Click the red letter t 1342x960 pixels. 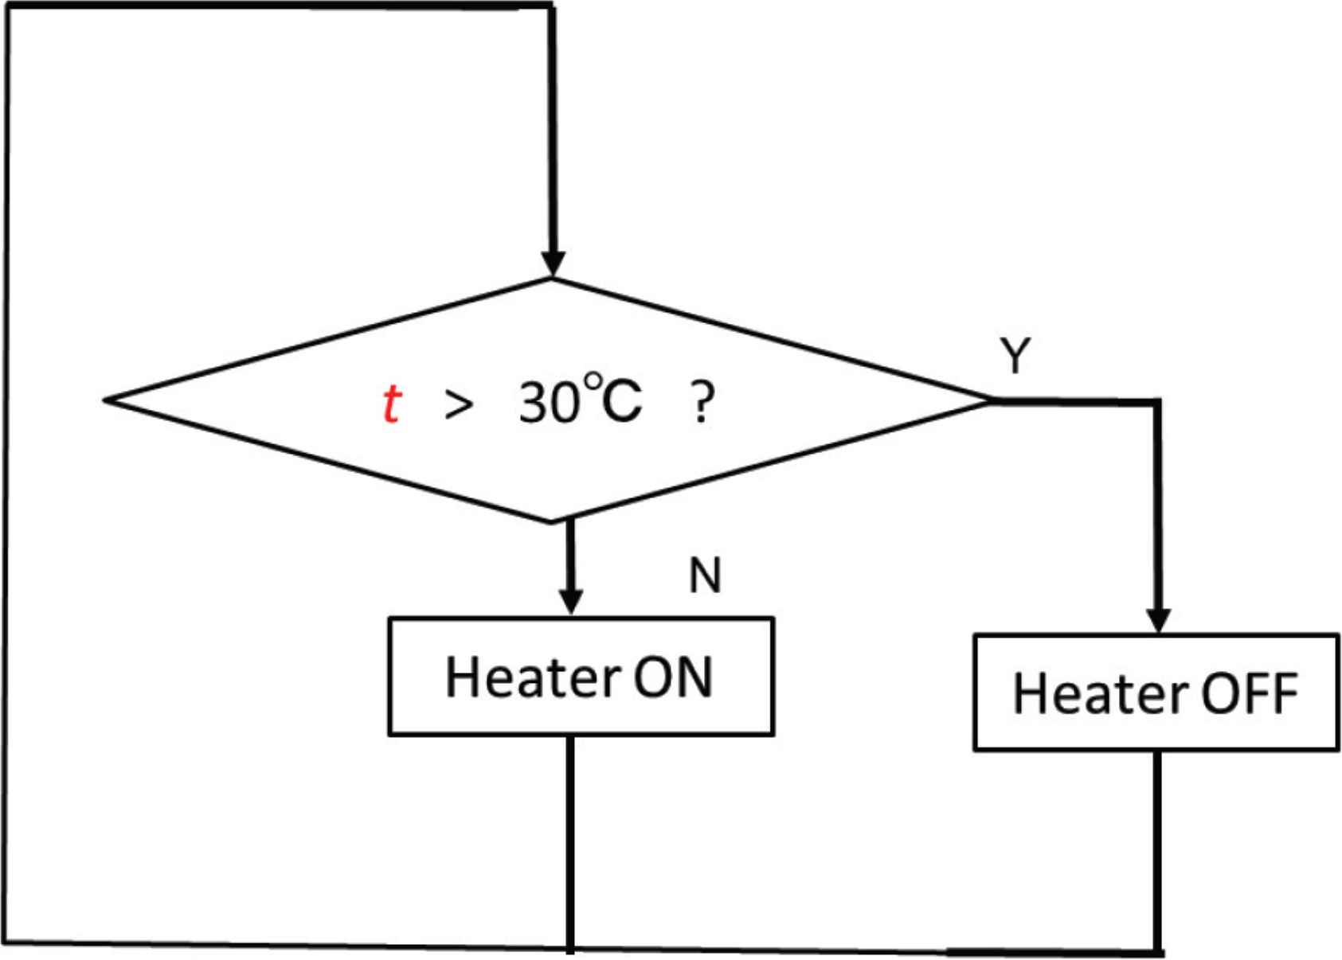tap(391, 404)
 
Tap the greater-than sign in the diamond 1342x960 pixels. tap(459, 405)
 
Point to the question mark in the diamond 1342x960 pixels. tap(700, 404)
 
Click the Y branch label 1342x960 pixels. tap(1015, 355)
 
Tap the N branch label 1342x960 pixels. tap(705, 575)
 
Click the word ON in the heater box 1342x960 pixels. tap(672, 677)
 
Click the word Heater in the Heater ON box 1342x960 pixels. tap(532, 677)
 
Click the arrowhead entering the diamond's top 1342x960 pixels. tap(553, 264)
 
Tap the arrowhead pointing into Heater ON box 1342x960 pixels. tap(571, 603)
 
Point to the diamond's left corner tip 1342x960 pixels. tap(108, 400)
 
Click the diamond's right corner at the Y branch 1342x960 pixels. tap(990, 400)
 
